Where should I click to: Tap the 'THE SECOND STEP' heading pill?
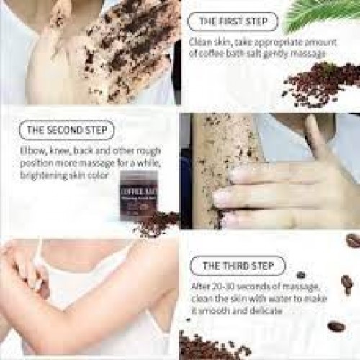(x=66, y=130)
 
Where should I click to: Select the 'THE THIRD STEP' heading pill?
(x=238, y=266)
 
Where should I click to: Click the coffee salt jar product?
(x=135, y=196)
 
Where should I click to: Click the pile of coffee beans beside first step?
(x=320, y=83)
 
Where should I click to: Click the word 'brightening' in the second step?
(x=45, y=175)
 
